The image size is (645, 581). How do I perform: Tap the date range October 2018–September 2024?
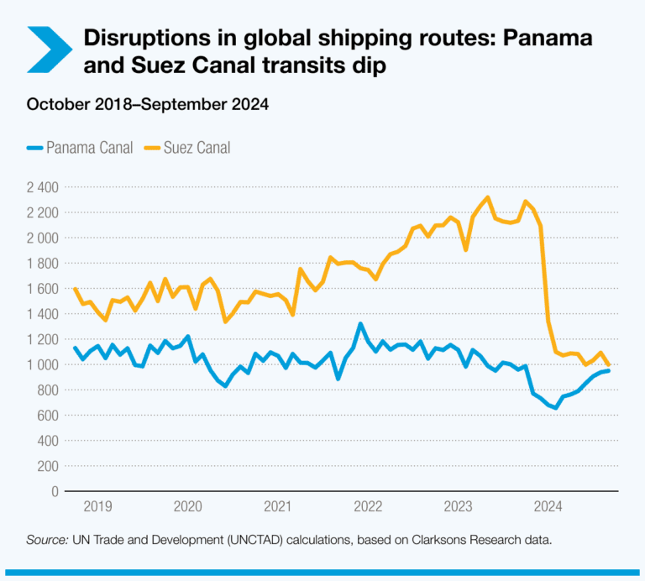coord(147,105)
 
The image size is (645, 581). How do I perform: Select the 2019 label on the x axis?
coord(97,506)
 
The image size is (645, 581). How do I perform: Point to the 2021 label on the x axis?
coord(278,506)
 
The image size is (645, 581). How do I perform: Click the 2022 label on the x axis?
coord(368,506)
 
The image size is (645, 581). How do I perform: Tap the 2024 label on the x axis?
coord(549,506)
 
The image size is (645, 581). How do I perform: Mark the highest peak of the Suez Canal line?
coord(488,198)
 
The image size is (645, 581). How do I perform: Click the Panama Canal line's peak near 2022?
coord(360,324)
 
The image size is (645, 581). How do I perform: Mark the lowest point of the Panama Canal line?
coord(555,407)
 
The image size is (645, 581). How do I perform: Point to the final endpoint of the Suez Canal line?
coord(608,364)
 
